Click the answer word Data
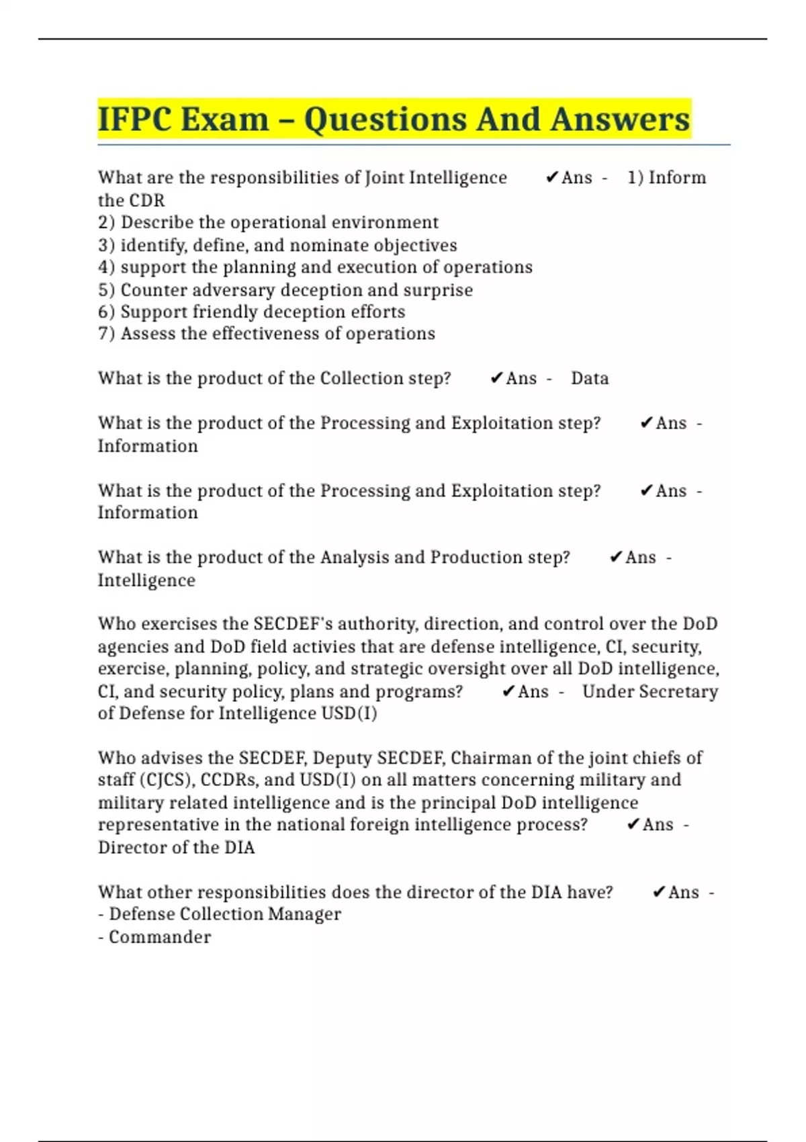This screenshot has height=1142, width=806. pos(590,378)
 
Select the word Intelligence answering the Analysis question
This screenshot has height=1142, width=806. pos(146,580)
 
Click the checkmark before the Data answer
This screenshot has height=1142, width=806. pos(496,378)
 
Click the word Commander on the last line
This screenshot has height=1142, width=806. pos(160,937)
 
